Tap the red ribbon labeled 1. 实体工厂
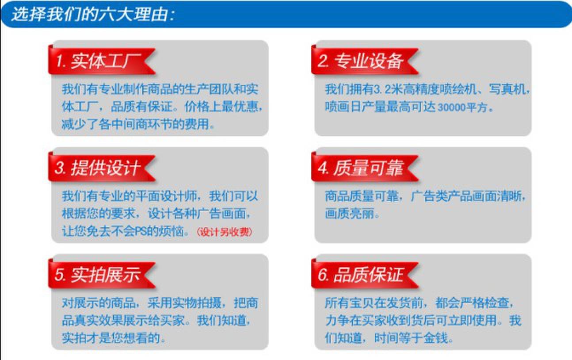102,61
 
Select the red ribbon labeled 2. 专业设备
365,61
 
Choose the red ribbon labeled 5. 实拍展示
102,274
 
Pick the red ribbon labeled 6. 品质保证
365,274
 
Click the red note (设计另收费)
225,232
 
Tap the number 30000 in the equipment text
452,107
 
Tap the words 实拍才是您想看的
111,338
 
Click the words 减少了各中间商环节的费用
135,124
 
